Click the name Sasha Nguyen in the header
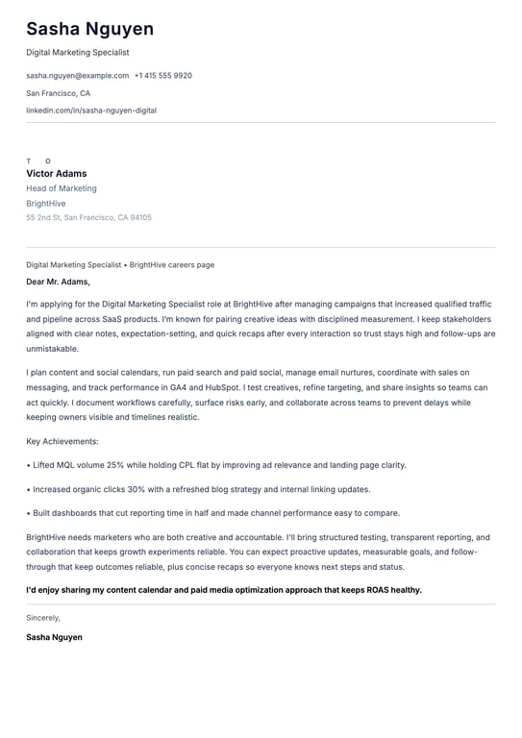89,29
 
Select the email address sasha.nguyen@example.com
77,75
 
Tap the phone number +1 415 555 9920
163,75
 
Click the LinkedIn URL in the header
91,111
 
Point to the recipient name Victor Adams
56,174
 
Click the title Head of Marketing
62,188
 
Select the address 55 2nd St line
88,217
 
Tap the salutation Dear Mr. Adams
58,282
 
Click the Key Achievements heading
62,441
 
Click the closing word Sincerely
43,618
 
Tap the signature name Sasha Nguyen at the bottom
54,637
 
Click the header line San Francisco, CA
58,93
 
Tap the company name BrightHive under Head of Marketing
46,204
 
